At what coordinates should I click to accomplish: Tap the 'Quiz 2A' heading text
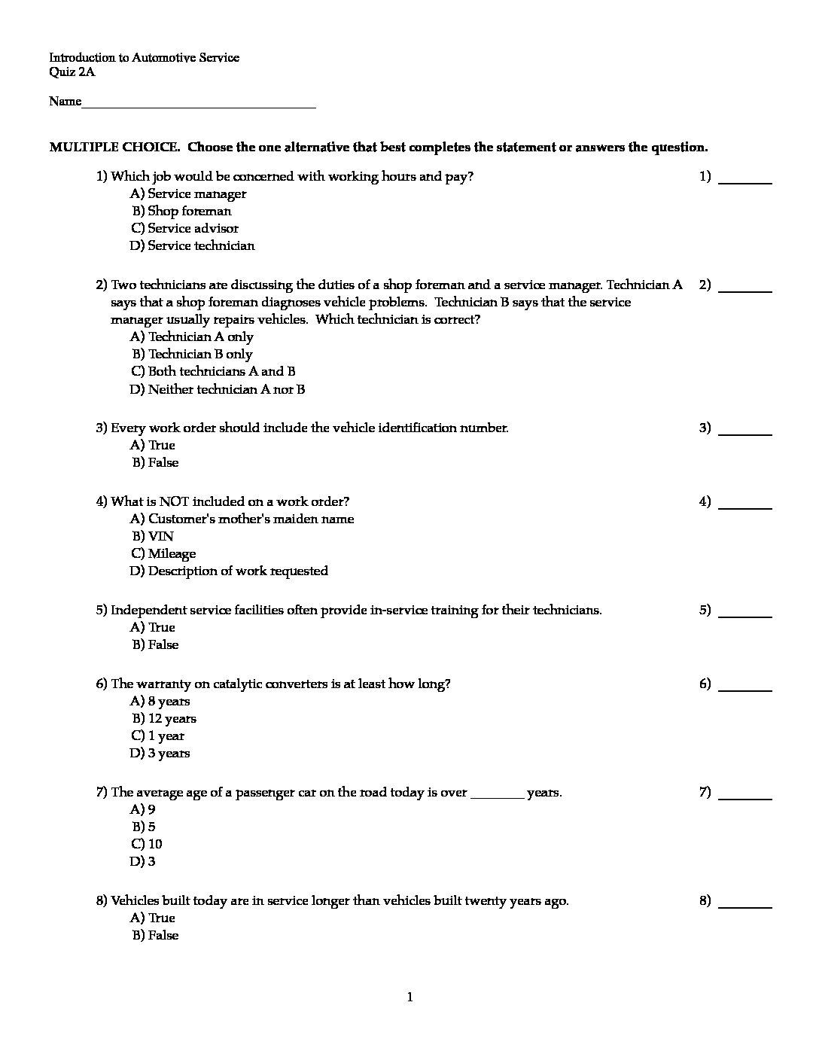coord(72,72)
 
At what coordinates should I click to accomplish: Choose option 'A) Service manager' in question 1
coord(188,193)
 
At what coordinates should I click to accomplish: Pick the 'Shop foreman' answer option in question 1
coord(182,211)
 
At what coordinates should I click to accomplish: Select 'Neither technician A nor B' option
coord(218,389)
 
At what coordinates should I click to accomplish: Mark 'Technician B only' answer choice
coord(193,354)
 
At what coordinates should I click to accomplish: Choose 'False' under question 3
coord(156,462)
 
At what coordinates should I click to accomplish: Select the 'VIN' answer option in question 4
coord(153,536)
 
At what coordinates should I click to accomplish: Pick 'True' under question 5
coord(153,627)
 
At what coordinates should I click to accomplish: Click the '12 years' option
coord(165,718)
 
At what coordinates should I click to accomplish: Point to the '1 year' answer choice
coord(158,736)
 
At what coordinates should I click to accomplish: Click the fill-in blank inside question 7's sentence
coord(497,794)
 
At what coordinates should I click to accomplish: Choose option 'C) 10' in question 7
coord(147,844)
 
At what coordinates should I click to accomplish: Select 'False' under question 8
coord(156,935)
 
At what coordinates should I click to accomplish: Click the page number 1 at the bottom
coord(409,998)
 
